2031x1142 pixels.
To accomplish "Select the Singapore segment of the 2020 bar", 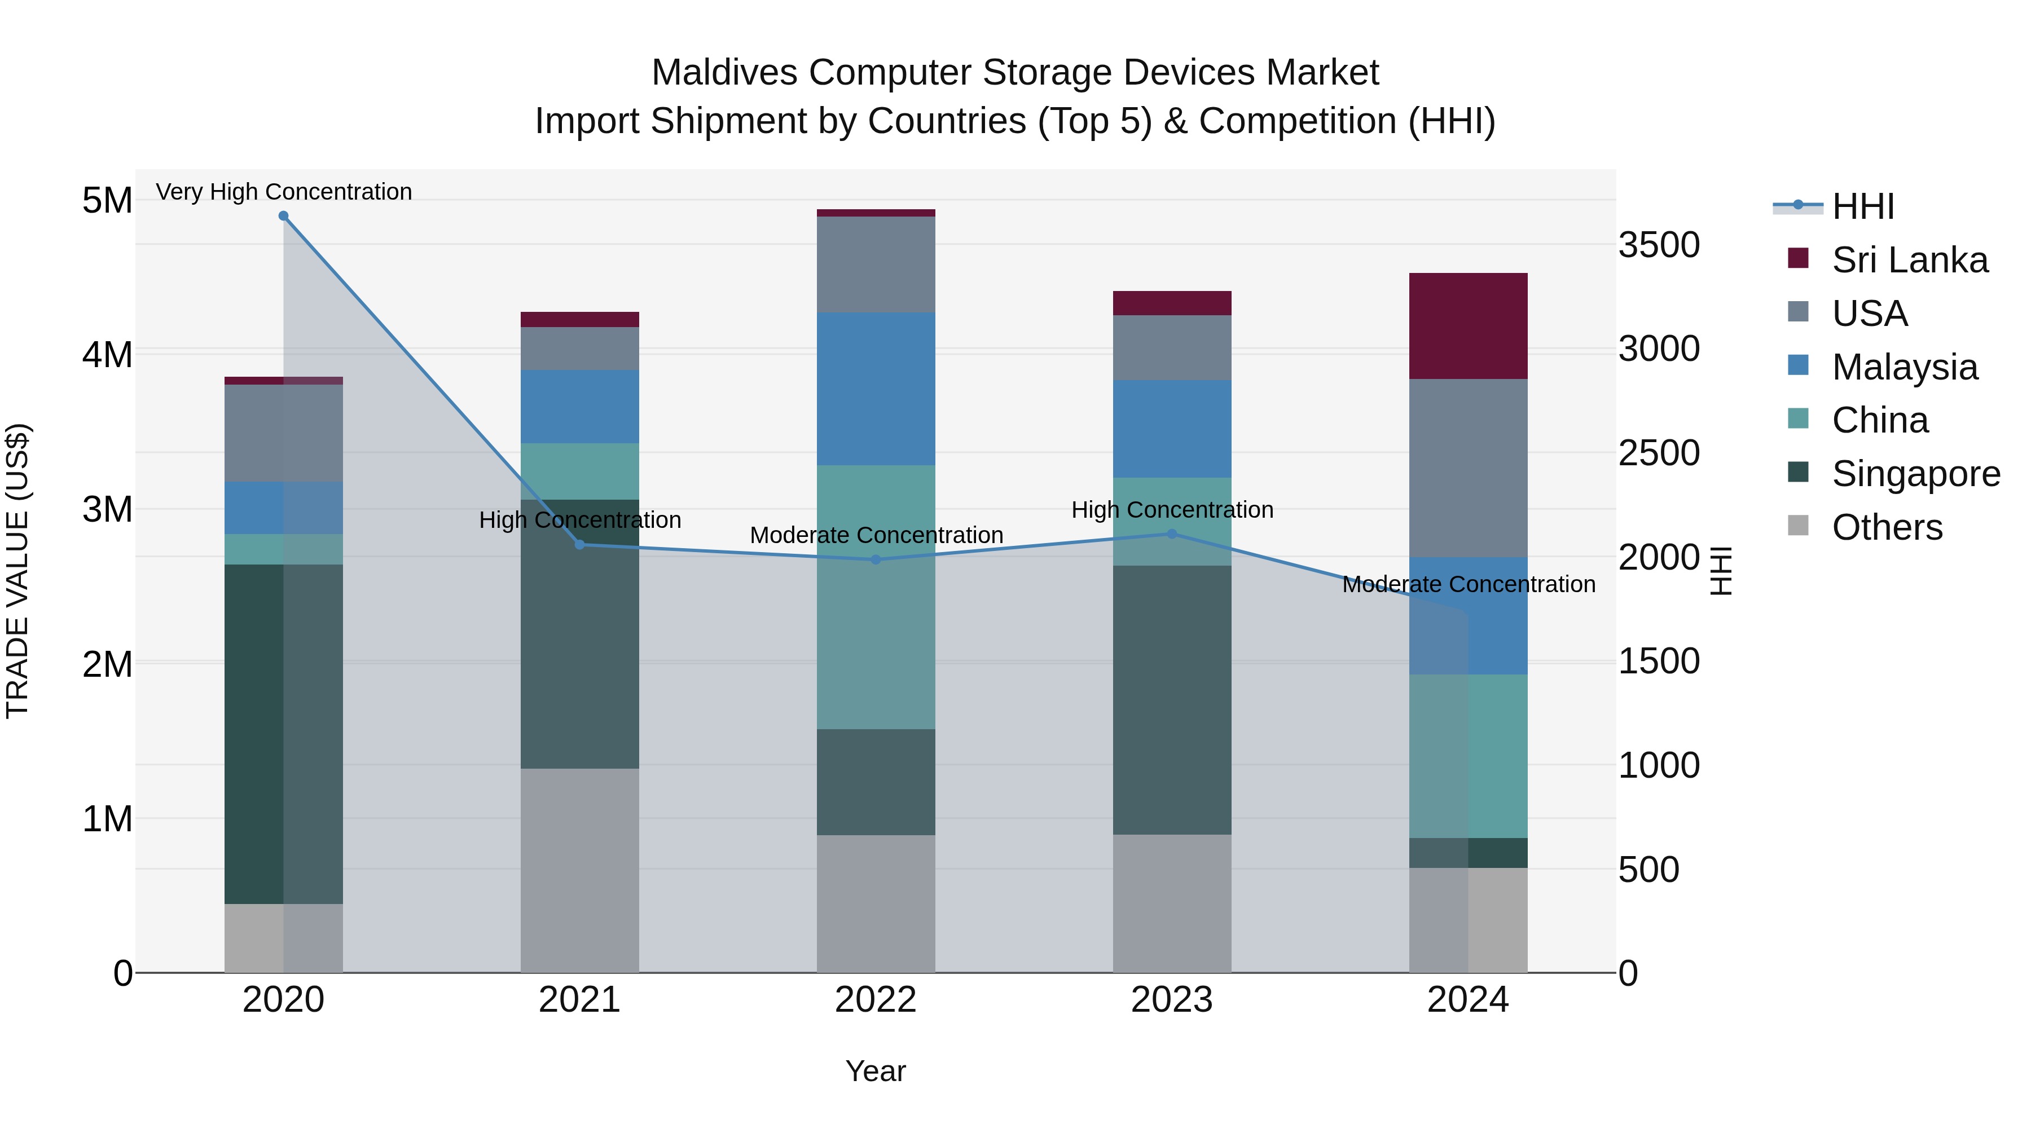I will click(x=283, y=733).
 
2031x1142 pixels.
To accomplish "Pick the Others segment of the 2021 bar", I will click(x=579, y=870).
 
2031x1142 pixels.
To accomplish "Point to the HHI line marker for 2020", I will click(x=283, y=215).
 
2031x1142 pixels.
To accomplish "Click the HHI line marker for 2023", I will click(x=1172, y=533).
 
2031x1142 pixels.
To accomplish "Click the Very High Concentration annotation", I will click(x=283, y=192).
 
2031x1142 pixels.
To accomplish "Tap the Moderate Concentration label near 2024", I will click(x=1468, y=584).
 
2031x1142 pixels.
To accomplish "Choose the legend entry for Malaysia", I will click(x=1904, y=367).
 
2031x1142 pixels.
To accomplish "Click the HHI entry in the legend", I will click(x=1862, y=206).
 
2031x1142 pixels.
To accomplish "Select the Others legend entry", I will click(x=1886, y=527).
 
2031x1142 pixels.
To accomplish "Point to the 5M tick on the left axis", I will click(x=107, y=200).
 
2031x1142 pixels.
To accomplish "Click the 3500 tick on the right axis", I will click(x=1659, y=245).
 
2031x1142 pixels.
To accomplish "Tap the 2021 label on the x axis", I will click(x=579, y=1000).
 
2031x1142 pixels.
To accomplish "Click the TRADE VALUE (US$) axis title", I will click(x=17, y=571).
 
